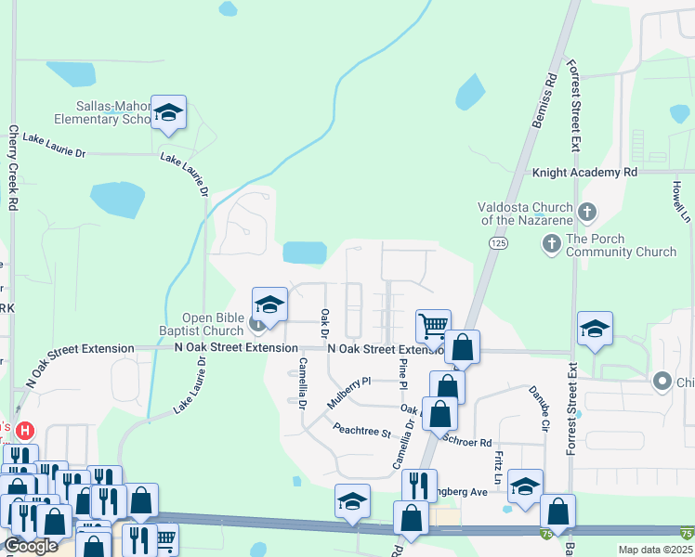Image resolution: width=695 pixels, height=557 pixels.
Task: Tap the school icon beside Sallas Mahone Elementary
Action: point(168,112)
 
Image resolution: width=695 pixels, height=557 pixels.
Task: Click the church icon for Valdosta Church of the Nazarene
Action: point(586,213)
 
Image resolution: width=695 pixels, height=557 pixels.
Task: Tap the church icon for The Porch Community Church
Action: point(551,244)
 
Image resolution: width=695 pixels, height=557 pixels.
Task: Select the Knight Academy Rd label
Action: point(584,173)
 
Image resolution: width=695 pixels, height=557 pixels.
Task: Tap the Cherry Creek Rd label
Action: point(14,166)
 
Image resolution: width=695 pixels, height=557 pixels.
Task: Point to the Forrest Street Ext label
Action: point(573,105)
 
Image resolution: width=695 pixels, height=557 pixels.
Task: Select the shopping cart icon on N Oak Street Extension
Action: point(433,327)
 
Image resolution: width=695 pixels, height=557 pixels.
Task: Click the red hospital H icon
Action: point(25,432)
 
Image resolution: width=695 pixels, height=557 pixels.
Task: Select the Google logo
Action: point(31,546)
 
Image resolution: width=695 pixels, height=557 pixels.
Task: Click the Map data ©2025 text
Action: point(655,550)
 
